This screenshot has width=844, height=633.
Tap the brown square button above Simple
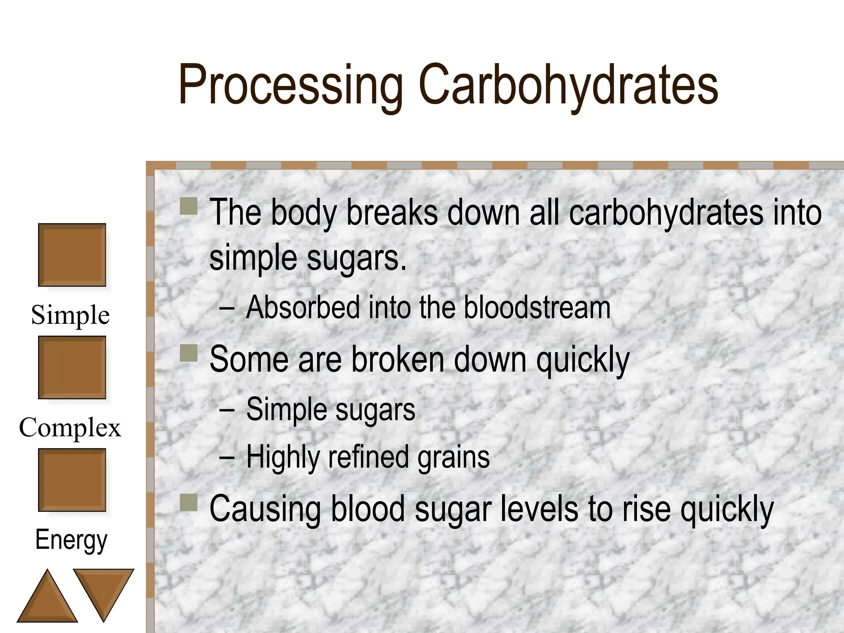72,255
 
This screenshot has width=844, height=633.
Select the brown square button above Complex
72,367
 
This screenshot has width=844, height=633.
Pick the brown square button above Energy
72,480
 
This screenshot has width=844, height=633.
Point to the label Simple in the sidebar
70,315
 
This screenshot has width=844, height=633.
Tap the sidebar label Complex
70,427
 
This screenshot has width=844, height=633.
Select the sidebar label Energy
71,540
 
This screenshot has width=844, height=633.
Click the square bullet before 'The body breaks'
189,206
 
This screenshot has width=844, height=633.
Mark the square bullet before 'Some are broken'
189,353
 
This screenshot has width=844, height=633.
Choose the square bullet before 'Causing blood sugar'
189,503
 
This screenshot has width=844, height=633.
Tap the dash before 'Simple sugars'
227,410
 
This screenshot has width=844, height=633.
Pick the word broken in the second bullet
398,359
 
